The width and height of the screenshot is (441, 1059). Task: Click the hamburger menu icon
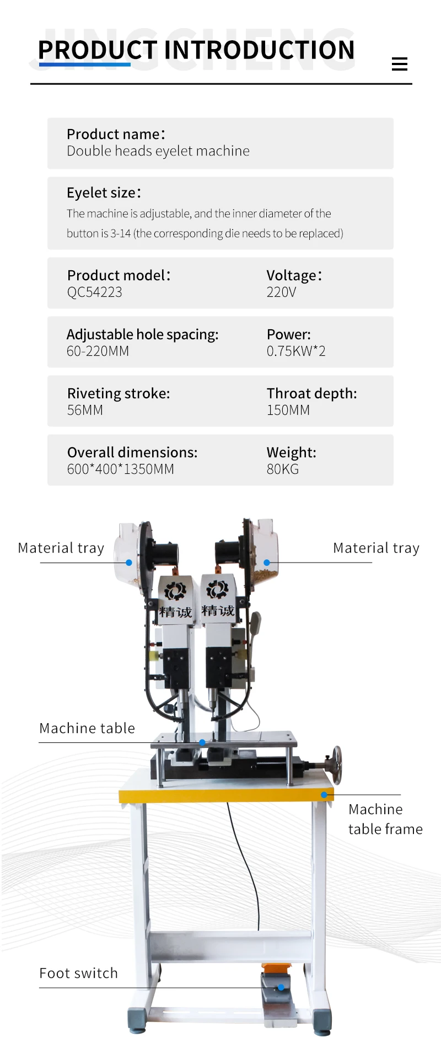(x=399, y=64)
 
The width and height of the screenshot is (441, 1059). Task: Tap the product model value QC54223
(x=94, y=292)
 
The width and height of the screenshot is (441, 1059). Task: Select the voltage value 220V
(x=281, y=292)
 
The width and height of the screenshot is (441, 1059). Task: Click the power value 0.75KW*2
(x=296, y=351)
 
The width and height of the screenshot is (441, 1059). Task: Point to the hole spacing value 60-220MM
(x=98, y=351)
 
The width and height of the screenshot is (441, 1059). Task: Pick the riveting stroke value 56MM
(x=85, y=410)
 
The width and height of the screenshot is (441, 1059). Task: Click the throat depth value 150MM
(x=288, y=410)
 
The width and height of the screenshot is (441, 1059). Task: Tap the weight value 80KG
(x=282, y=469)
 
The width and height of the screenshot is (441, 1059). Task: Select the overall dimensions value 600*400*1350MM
(x=120, y=469)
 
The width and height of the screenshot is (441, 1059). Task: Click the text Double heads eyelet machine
(x=158, y=151)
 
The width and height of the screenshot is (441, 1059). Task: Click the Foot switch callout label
(x=78, y=973)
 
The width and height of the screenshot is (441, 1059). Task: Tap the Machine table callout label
(x=87, y=728)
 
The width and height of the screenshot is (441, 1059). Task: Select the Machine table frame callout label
(x=385, y=819)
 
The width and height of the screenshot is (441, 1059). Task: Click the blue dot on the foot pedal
(x=281, y=987)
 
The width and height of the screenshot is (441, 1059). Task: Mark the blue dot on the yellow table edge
(x=324, y=795)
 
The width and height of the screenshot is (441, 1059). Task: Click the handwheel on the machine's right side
(x=336, y=764)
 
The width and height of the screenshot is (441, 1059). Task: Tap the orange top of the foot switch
(x=276, y=969)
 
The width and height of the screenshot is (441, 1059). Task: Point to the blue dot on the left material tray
(x=129, y=563)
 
